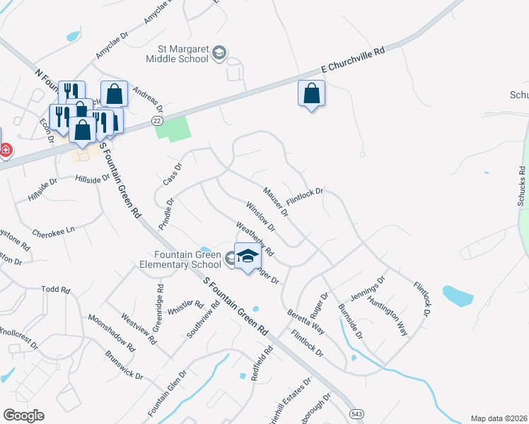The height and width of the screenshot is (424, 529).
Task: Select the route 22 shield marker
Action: pos(157,122)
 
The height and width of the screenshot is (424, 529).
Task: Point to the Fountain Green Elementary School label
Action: pos(187,259)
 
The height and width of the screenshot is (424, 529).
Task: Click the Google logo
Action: pos(23,416)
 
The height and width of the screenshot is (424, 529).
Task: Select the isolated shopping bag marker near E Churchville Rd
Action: pos(312,94)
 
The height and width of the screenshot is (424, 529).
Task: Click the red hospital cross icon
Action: pos(5,151)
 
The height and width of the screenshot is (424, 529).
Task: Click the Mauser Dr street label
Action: pos(276,201)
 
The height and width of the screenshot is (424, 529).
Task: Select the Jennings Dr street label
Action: pos(368,290)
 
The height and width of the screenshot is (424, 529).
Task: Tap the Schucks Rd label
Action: pos(521,187)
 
